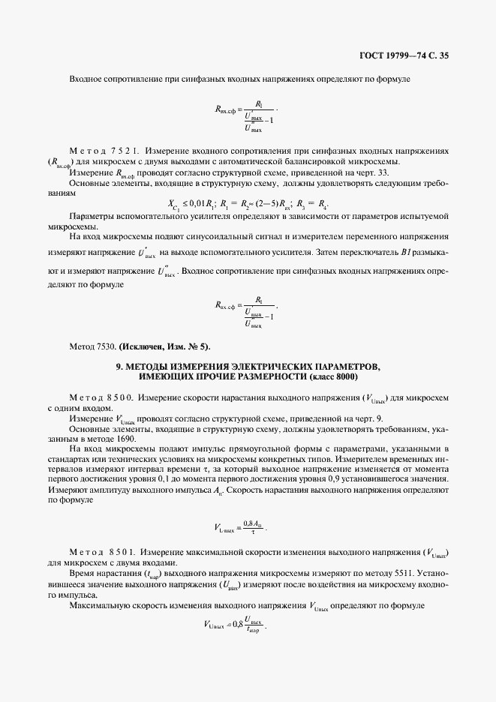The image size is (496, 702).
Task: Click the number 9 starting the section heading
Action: pos(119,365)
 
